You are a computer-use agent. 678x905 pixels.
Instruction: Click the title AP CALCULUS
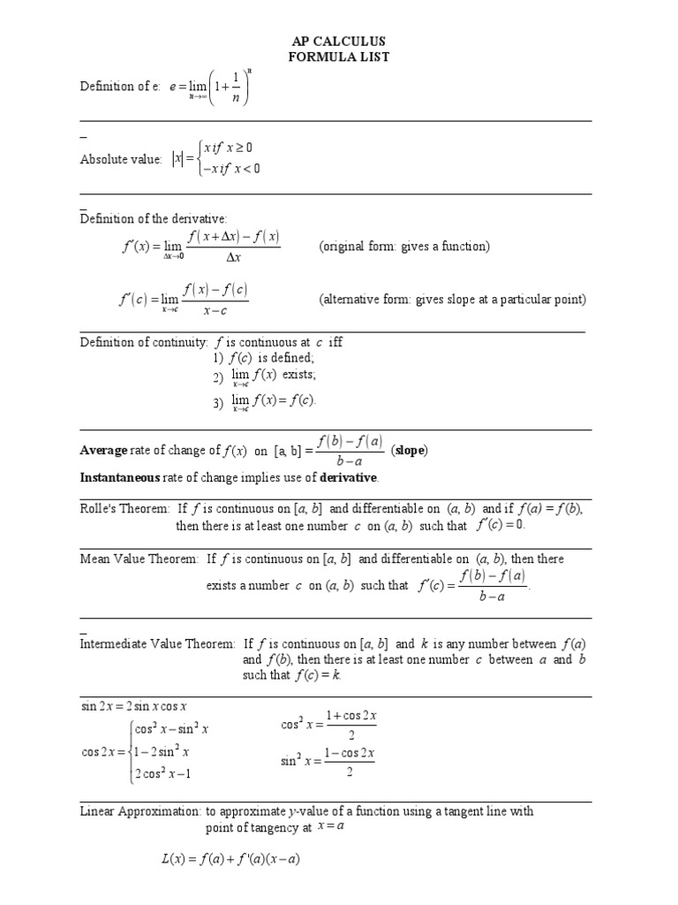click(339, 42)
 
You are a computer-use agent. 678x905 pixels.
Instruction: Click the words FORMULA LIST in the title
click(339, 57)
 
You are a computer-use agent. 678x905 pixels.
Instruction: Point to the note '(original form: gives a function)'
click(404, 247)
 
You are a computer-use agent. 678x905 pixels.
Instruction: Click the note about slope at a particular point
click(452, 300)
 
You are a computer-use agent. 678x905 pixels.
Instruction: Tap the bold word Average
click(104, 451)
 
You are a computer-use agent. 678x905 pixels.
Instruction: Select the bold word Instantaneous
click(120, 478)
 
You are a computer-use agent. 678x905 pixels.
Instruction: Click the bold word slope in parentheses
click(411, 451)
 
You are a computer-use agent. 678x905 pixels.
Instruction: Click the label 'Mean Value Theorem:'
click(139, 559)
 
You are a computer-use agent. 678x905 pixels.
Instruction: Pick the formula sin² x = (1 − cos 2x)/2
click(328, 762)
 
